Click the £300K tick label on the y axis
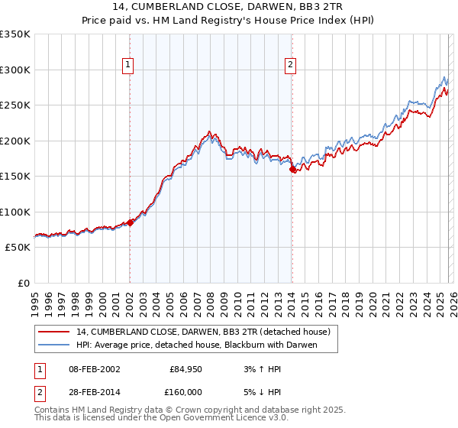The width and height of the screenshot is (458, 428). coord(15,70)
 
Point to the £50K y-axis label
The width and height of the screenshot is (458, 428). coord(17,248)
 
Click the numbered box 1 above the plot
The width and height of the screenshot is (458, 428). coord(128,66)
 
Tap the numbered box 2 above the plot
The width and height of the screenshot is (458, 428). coord(291,66)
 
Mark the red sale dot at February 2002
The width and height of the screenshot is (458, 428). coord(130,222)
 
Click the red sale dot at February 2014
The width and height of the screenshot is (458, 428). coord(292,170)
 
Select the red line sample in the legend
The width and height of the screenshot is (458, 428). coord(53,332)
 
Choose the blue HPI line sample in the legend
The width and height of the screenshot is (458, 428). coord(53,345)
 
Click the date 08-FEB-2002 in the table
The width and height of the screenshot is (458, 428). coord(94,369)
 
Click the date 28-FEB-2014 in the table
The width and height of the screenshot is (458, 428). coord(94,391)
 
